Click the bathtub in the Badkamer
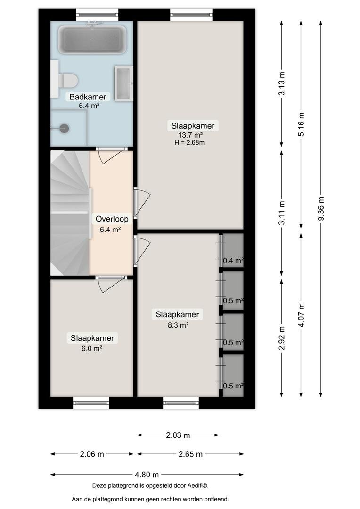(92, 39)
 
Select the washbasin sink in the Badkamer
(123, 83)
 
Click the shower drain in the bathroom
(65, 128)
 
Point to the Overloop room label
(112, 219)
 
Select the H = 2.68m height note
(189, 142)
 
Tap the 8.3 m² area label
(178, 325)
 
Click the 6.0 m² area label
(92, 349)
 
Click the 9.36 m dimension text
(321, 209)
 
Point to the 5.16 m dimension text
(301, 124)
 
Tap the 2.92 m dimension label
(282, 338)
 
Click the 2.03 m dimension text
(178, 435)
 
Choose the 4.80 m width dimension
(147, 475)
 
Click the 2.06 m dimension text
(92, 454)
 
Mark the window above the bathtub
(97, 15)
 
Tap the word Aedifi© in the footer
(197, 486)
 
